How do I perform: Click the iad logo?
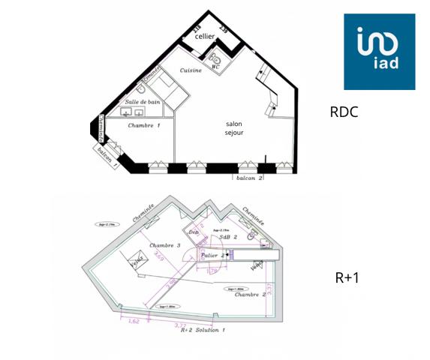click(x=379, y=51)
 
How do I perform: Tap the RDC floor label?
click(x=344, y=112)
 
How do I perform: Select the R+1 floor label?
click(x=347, y=277)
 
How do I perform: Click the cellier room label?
click(x=205, y=36)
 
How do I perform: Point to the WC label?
click(x=215, y=67)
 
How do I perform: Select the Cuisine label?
click(x=191, y=71)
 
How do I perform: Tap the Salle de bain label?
click(x=143, y=101)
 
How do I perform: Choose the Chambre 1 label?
click(x=143, y=125)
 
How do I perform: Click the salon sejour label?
click(x=235, y=128)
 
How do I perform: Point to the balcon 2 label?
click(x=250, y=178)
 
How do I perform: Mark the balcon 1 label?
click(x=105, y=154)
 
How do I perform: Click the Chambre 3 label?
click(x=165, y=246)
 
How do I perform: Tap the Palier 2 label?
click(x=215, y=255)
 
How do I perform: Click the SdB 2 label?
click(x=228, y=237)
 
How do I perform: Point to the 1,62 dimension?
click(x=134, y=320)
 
